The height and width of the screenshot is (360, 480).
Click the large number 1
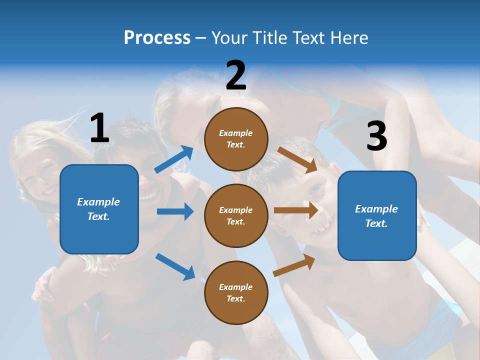99,128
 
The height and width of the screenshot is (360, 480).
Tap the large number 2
236,75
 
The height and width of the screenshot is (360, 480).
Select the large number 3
376,136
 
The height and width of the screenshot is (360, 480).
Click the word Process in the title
157,37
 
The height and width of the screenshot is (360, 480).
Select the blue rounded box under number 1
99,209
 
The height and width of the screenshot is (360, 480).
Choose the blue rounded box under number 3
377,215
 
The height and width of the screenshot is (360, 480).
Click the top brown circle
236,139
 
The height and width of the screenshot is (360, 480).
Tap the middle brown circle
236,215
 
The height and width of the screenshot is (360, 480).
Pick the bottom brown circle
236,292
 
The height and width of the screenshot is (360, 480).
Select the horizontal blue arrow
175,211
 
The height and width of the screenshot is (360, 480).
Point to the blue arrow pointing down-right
175,266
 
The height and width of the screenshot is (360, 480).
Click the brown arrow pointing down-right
297,159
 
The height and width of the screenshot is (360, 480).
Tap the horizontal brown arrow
296,210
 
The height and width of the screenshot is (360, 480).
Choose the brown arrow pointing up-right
294,265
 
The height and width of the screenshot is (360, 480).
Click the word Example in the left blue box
98,202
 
